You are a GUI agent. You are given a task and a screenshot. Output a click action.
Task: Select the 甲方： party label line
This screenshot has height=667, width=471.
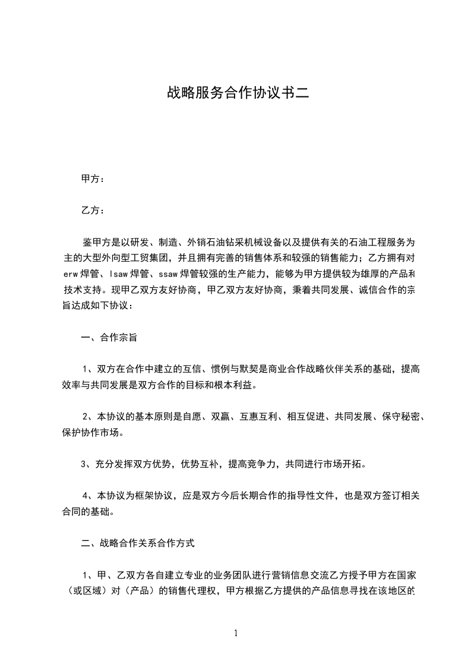(93, 179)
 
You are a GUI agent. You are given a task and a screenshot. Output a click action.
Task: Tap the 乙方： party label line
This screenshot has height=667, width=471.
(93, 210)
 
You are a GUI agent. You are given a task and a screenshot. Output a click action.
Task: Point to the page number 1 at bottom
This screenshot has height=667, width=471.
(236, 633)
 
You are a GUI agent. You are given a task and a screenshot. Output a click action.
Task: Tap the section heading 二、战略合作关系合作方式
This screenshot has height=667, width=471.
(137, 543)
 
